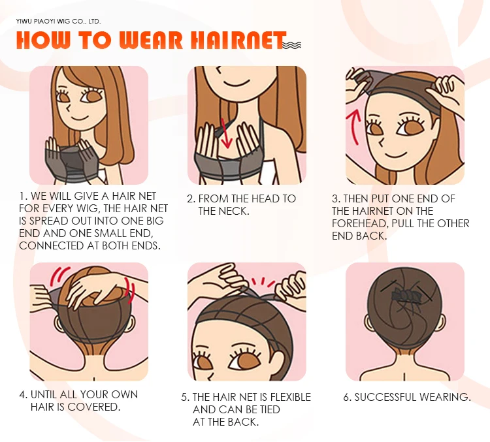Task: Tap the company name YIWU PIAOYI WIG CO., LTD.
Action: coord(58,22)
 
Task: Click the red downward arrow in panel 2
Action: coord(225,133)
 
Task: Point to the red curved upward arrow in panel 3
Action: coord(353,129)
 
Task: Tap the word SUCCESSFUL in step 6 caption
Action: coord(385,397)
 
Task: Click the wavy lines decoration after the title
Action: coord(292,45)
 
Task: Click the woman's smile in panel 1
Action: coord(78,118)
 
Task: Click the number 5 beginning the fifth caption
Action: coord(184,398)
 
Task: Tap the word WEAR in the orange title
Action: coord(151,40)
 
